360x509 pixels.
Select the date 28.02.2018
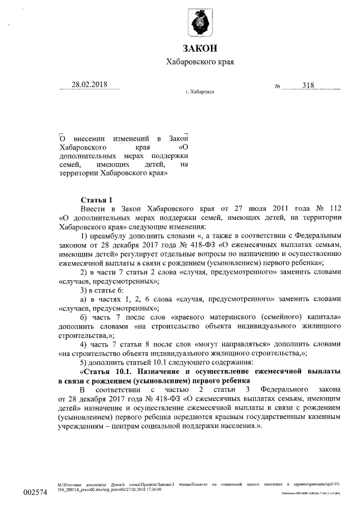point(88,84)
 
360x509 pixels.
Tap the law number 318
point(308,85)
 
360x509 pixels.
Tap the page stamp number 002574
point(34,492)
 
